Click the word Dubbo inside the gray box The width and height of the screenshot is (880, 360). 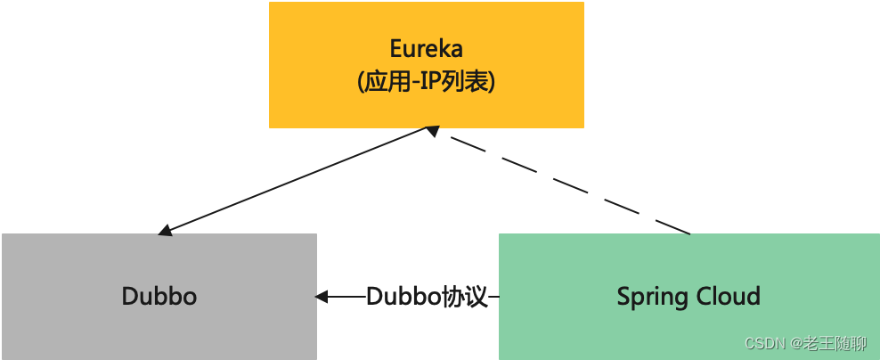pyautogui.click(x=159, y=296)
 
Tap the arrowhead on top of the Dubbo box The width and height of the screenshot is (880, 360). pyautogui.click(x=165, y=231)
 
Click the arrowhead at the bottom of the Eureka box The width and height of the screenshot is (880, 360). pyautogui.click(x=432, y=131)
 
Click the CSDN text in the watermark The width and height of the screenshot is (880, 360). pyautogui.click(x=762, y=344)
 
